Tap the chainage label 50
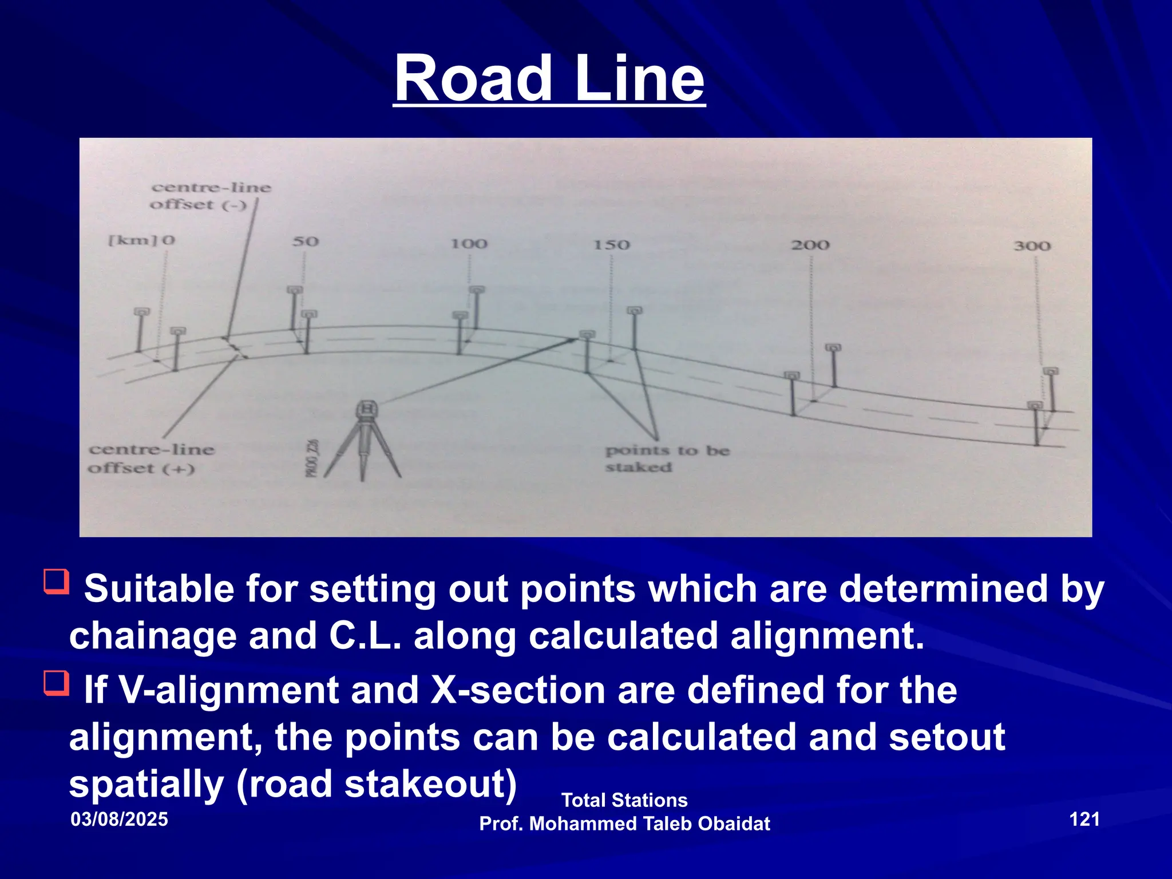305,241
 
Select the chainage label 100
469,244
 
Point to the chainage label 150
611,245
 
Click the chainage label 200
810,245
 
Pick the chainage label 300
1032,246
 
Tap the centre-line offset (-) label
209,196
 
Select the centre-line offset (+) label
151,459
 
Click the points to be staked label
667,459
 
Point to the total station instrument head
367,409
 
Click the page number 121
1084,819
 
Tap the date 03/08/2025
119,819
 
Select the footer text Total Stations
624,800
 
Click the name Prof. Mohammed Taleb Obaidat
624,823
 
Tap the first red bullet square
57,581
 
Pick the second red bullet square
57,683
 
